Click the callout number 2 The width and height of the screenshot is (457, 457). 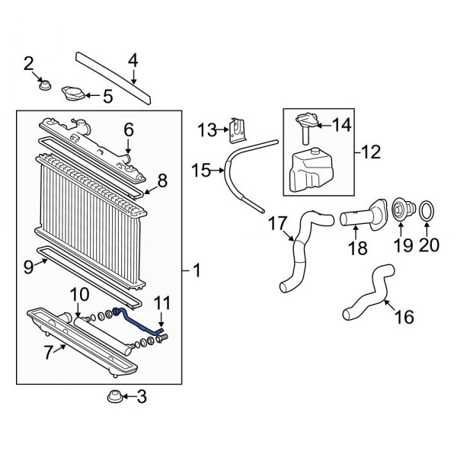coord(29,63)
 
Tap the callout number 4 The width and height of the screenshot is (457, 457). coord(133,59)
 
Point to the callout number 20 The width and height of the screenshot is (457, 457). coord(429,244)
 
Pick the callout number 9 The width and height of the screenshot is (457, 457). coord(30,267)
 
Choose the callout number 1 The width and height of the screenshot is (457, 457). coord(196,270)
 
